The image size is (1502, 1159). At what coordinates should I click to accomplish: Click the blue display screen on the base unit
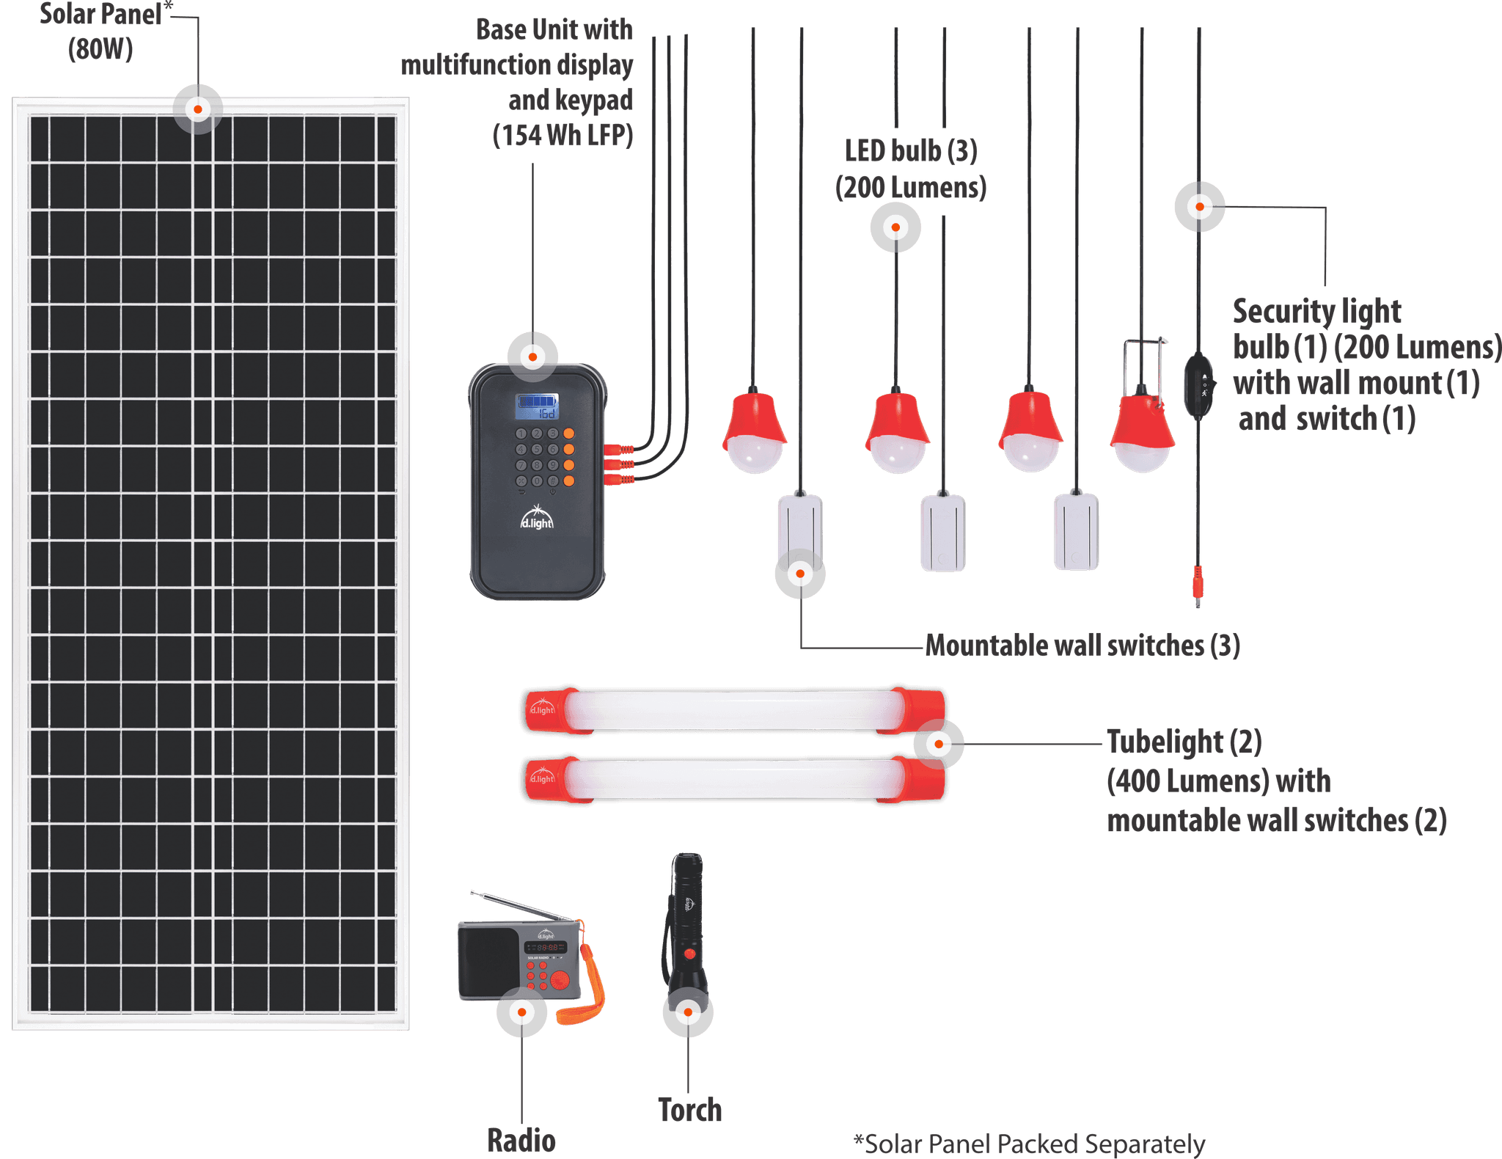pos(537,406)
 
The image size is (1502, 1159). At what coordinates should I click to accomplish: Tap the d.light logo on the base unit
pos(537,519)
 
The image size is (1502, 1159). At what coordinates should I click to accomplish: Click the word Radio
pos(521,1140)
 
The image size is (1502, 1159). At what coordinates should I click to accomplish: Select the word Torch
pos(689,1110)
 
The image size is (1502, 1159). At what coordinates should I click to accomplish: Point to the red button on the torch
pos(689,954)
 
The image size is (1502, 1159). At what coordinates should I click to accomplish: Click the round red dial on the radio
pos(560,981)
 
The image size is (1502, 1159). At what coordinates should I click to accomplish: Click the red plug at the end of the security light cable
pos(1198,583)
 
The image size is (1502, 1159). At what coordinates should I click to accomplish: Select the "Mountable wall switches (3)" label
pos(1082,646)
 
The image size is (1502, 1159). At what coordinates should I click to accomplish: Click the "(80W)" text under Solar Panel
pos(100,50)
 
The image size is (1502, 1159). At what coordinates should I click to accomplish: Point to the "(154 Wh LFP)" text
pos(563,135)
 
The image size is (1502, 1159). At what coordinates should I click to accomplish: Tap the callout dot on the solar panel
pos(197,109)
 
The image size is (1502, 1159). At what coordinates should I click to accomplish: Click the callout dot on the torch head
pos(688,1012)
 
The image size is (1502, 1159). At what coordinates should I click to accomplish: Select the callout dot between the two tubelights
pos(939,744)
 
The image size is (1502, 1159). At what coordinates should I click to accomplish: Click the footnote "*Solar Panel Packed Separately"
pos(1029,1143)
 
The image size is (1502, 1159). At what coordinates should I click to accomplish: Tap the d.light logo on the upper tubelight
pos(542,709)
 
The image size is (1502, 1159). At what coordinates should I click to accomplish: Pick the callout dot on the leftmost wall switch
pos(800,574)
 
